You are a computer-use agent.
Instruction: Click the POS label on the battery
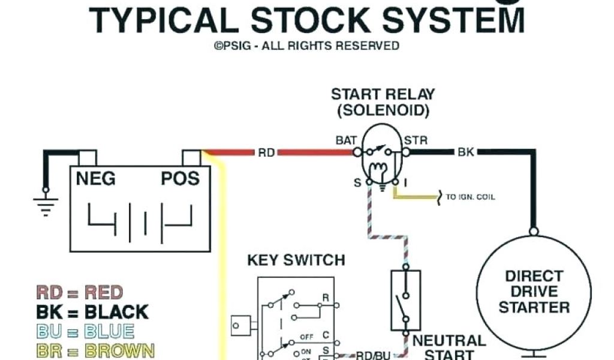180,178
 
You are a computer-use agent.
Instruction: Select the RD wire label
266,152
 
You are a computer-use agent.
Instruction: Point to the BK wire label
466,152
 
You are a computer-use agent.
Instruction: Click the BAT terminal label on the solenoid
347,141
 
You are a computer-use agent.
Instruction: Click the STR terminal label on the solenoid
416,141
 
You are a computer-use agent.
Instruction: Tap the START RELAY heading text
383,94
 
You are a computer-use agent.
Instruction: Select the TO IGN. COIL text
470,197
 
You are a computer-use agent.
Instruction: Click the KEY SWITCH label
296,260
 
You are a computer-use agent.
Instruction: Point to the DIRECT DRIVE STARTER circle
534,292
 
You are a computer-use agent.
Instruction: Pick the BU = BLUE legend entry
85,331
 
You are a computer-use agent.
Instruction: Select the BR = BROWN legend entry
95,350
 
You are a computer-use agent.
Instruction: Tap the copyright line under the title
306,46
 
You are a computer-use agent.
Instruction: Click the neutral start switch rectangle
406,299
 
